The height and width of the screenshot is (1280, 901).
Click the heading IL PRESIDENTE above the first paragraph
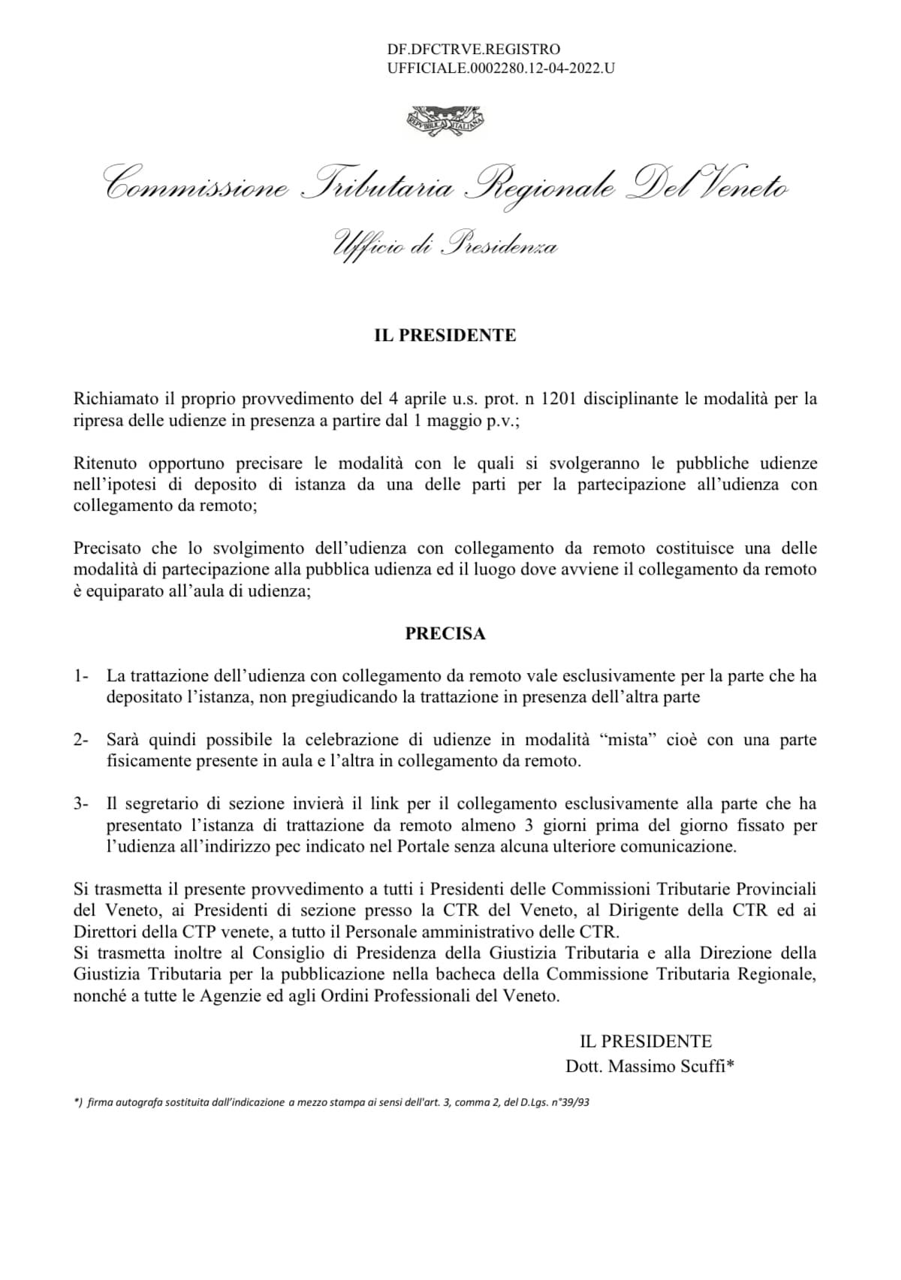[445, 335]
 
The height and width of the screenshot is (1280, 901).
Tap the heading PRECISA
[445, 633]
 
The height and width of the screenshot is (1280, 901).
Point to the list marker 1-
[81, 676]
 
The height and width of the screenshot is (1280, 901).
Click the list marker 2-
[81, 740]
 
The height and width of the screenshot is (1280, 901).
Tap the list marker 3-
[81, 804]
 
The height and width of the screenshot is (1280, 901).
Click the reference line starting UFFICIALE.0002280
[501, 68]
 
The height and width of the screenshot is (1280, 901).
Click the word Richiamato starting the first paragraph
[113, 399]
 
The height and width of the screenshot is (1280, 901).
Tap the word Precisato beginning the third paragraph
[107, 548]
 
